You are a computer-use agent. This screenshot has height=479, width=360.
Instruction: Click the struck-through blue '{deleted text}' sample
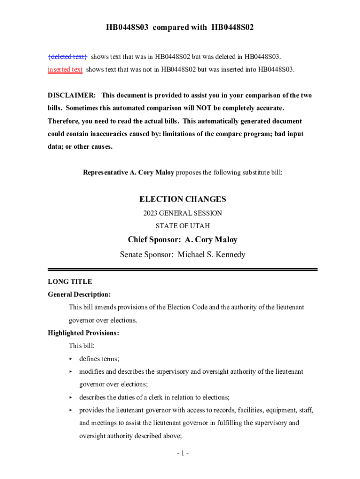pyautogui.click(x=67, y=57)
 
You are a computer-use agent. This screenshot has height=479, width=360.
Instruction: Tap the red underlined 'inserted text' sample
pyautogui.click(x=65, y=70)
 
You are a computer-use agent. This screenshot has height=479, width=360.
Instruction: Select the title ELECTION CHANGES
pyautogui.click(x=182, y=199)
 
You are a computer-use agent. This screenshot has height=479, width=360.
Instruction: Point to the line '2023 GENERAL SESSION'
pyautogui.click(x=182, y=213)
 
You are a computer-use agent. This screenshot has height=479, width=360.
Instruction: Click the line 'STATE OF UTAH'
pyautogui.click(x=182, y=226)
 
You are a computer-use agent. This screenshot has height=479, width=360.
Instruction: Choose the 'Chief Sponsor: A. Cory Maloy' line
pyautogui.click(x=182, y=240)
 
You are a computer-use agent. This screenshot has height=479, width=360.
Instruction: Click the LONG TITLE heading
pyautogui.click(x=70, y=282)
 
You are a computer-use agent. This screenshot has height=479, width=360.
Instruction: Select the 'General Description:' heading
pyautogui.click(x=79, y=295)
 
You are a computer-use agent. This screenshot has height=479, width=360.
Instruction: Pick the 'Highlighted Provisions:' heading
pyautogui.click(x=83, y=333)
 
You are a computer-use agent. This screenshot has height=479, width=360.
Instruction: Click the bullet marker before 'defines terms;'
pyautogui.click(x=71, y=359)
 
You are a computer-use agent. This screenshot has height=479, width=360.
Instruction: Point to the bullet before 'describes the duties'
pyautogui.click(x=71, y=398)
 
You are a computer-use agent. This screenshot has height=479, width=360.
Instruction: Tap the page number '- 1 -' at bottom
pyautogui.click(x=182, y=453)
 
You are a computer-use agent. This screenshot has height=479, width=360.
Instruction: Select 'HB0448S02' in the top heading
pyautogui.click(x=231, y=28)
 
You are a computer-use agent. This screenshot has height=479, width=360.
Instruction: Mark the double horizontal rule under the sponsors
pyautogui.click(x=182, y=269)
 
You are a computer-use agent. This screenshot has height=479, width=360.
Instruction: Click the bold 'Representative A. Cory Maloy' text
pyautogui.click(x=129, y=173)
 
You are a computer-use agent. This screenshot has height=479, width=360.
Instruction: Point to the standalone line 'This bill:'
pyautogui.click(x=82, y=346)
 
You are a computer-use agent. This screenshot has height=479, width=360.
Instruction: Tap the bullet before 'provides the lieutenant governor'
pyautogui.click(x=71, y=410)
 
